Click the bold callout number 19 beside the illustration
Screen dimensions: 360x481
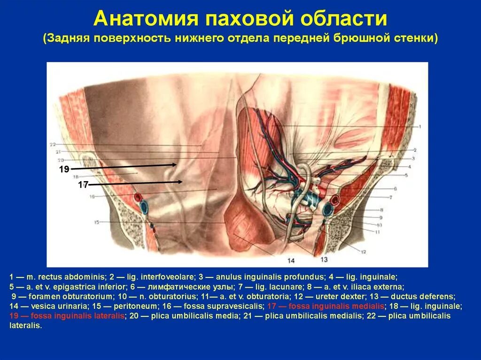click(64, 169)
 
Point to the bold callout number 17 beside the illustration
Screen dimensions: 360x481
click(83, 185)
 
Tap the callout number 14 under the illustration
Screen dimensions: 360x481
click(291, 260)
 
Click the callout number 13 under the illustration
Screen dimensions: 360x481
click(324, 259)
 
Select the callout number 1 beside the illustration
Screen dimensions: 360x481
click(420, 126)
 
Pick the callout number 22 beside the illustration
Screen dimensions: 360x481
click(53, 144)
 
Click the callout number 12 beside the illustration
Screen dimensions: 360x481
click(363, 252)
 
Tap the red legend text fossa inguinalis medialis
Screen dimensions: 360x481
click(326, 306)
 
